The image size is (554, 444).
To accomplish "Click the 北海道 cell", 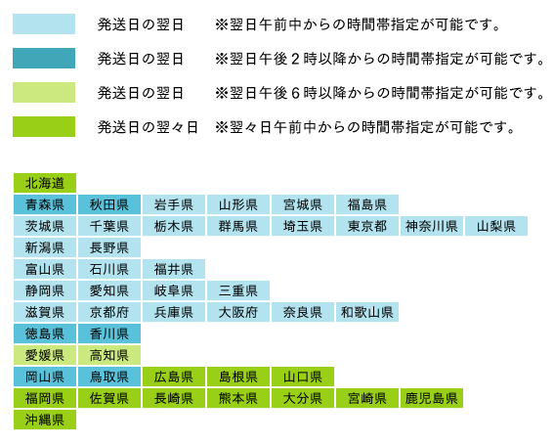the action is [45, 183].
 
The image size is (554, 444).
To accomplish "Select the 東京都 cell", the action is [367, 226].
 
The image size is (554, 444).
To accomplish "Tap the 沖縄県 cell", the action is [45, 420].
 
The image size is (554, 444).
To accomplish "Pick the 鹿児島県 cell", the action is [432, 398].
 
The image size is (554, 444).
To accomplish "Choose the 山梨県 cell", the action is [496, 226].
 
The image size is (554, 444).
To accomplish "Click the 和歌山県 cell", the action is [367, 312].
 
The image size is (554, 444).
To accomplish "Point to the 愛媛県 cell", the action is [45, 355].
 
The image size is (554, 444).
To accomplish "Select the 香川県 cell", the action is [109, 333].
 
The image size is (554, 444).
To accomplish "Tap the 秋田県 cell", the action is [109, 204].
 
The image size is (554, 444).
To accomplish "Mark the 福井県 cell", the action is [174, 269].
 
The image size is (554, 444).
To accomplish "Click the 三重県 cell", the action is [238, 290].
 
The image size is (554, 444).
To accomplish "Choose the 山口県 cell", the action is [303, 377].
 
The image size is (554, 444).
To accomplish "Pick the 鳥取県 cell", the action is [109, 377].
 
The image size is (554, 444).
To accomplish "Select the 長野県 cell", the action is [109, 247].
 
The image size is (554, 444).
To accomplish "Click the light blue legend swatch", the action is [44, 24].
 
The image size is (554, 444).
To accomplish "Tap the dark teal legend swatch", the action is [44, 59].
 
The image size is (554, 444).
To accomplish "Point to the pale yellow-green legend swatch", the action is [44, 92].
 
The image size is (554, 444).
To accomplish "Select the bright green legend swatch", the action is [44, 126].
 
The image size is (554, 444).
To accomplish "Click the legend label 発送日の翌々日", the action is [148, 127].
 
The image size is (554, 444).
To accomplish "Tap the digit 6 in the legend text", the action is [295, 93].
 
